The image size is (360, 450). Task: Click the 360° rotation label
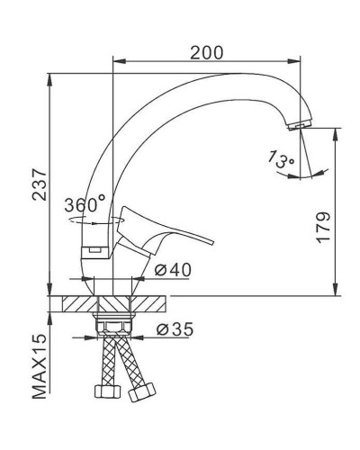coord(85,204)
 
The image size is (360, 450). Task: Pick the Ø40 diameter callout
coord(171,270)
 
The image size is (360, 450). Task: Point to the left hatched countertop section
coord(79,301)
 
